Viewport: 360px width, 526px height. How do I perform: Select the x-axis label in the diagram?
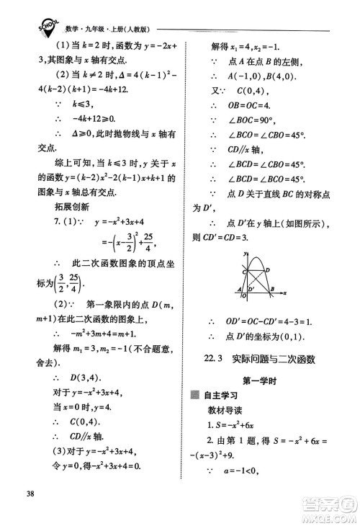coord(285,294)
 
